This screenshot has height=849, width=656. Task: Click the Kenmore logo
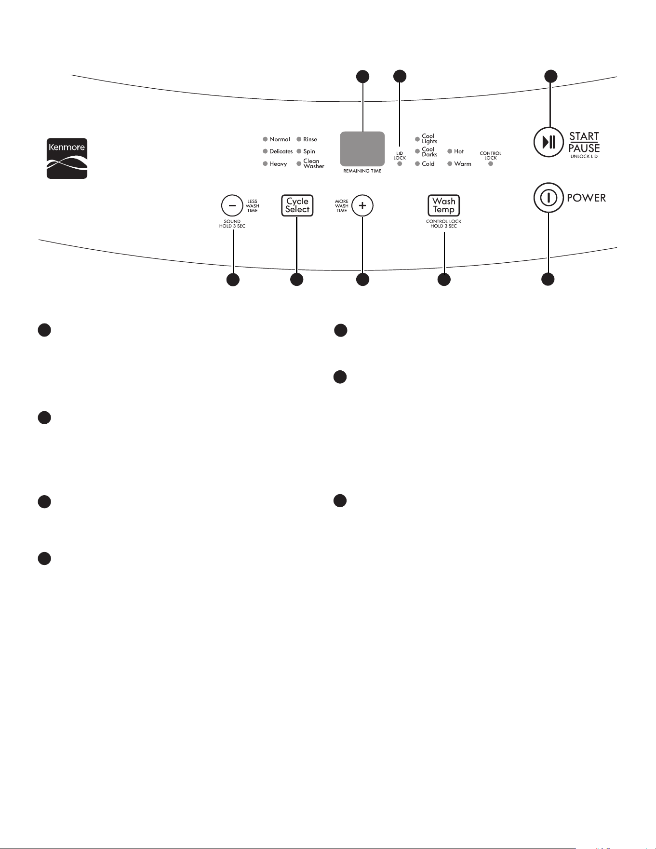[67, 159]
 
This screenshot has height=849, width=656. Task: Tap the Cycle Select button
[297, 205]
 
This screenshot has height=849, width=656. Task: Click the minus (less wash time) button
[232, 206]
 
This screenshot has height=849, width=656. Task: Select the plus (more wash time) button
[362, 206]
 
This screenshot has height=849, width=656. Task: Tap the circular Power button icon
[549, 198]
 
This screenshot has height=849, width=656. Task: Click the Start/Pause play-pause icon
[549, 142]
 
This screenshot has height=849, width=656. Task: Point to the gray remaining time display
[362, 149]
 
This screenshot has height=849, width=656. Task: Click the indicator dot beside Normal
[265, 139]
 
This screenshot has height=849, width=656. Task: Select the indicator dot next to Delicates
[265, 151]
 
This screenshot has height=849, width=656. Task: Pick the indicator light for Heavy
[265, 164]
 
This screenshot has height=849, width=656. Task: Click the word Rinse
[310, 139]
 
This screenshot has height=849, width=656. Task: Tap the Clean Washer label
[314, 164]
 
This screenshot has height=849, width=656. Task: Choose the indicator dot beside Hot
[450, 151]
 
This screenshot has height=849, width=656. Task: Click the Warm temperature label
[463, 164]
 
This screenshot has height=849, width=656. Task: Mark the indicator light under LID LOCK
[400, 164]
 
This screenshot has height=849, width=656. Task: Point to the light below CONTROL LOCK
[491, 164]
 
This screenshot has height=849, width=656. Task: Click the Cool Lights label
[429, 139]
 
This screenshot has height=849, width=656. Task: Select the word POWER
[586, 198]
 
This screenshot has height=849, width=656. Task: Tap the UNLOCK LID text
[584, 157]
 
